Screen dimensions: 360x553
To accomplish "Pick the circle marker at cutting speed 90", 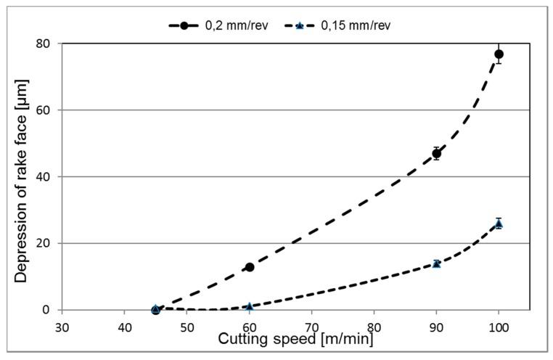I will (436, 153).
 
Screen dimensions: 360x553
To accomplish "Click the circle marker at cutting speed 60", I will (250, 267).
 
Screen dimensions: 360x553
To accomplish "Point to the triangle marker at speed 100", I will (499, 224).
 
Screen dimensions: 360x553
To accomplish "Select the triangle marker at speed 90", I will (436, 263).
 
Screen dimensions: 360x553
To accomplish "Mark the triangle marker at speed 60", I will (250, 306).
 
